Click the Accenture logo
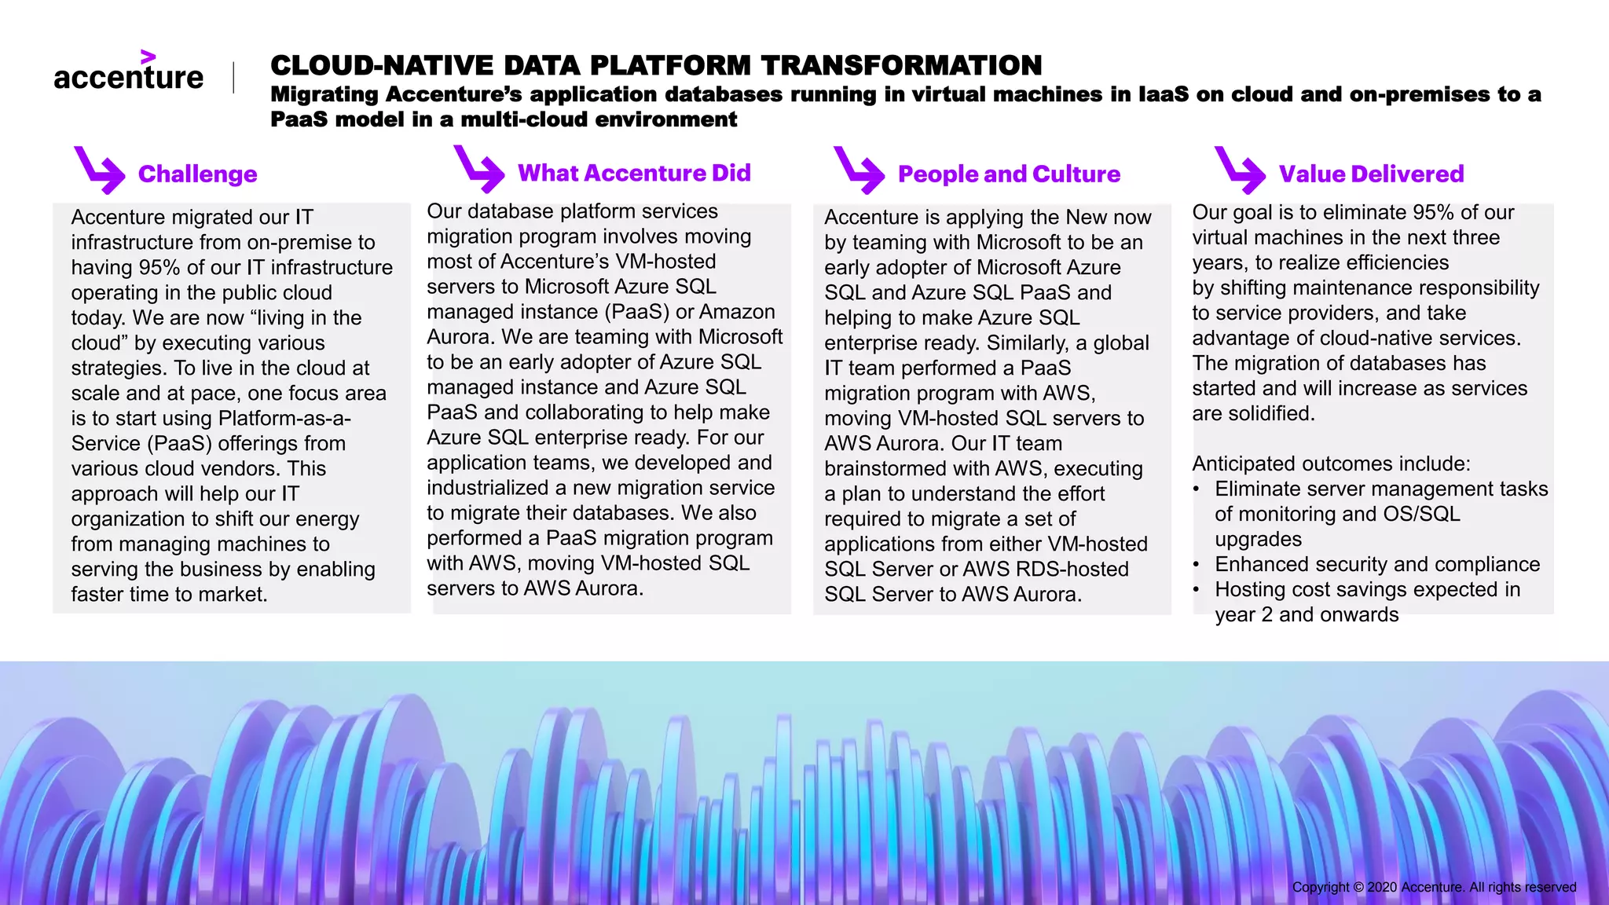(128, 73)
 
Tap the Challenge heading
(197, 174)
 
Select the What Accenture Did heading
(634, 173)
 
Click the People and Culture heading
(1009, 174)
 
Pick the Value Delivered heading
(1371, 174)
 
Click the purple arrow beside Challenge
(99, 170)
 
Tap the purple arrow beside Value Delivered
(1239, 170)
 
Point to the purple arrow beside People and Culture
(859, 170)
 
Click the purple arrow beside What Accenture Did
(478, 169)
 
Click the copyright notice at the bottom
(1434, 887)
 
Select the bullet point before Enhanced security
(1196, 565)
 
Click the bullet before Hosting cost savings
(1196, 590)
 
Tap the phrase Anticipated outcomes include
(1331, 463)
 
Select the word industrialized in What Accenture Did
(487, 488)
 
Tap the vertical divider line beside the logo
(233, 78)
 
